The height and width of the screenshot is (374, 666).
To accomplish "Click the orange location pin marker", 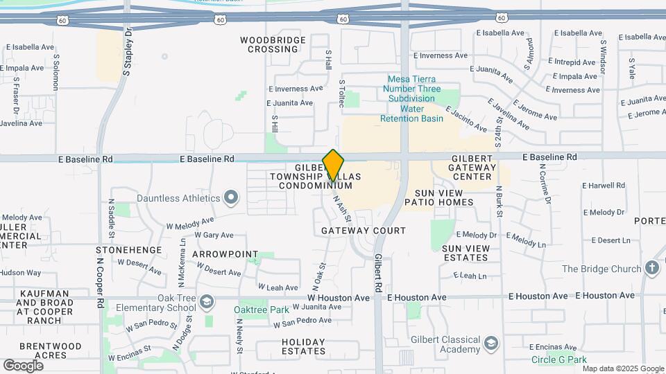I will pos(334,166).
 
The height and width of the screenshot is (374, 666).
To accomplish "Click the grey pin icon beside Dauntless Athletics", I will pos(232,199).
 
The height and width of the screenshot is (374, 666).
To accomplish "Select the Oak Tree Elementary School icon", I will pos(206,302).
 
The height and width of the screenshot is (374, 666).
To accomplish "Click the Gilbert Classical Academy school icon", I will pos(491,344).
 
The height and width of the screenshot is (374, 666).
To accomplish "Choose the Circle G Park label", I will pos(559,359).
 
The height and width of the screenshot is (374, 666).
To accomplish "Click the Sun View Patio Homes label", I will pos(444,197).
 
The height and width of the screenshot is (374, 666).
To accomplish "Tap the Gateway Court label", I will pos(364,230).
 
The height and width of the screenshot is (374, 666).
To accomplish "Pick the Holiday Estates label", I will pos(304,347).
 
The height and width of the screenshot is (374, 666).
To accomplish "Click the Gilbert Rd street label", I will pos(379,271).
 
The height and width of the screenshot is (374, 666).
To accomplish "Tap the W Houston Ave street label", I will pos(339,298).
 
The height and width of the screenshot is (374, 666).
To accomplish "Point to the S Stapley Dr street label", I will pos(128,52).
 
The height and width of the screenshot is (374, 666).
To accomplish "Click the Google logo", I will pos(24,366).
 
